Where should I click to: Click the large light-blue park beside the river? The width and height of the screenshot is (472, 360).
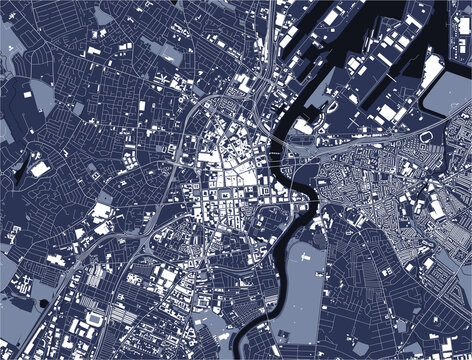click(305, 280)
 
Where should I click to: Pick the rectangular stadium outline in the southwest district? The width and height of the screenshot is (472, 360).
click(96, 318)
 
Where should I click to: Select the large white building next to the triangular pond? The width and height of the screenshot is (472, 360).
click(102, 212)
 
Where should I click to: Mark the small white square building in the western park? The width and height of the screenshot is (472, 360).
click(40, 169)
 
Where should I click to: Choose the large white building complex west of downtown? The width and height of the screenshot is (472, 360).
click(102, 212)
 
